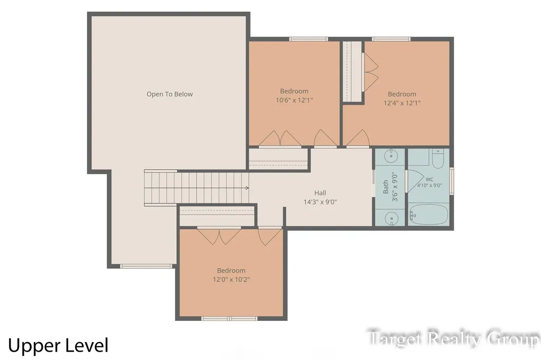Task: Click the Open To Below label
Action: click(x=170, y=94)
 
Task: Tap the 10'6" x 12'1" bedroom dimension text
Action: click(x=294, y=100)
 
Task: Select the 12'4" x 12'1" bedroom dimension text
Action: click(x=402, y=103)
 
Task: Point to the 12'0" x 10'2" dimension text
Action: click(x=231, y=280)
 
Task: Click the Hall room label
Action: click(x=320, y=193)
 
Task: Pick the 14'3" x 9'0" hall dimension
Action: click(x=320, y=202)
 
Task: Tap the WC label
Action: click(x=429, y=179)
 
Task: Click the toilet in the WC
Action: click(x=438, y=158)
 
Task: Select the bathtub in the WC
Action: click(x=428, y=215)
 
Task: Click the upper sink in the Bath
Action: click(x=391, y=156)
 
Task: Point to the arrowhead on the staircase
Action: click(x=247, y=188)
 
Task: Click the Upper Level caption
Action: click(x=58, y=346)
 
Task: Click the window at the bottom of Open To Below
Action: click(x=146, y=266)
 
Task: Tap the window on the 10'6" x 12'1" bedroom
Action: click(x=308, y=39)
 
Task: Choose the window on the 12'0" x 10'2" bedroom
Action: click(x=229, y=319)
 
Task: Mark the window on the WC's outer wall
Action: click(x=452, y=181)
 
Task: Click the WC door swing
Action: click(x=415, y=181)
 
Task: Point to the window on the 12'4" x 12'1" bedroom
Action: click(x=391, y=39)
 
